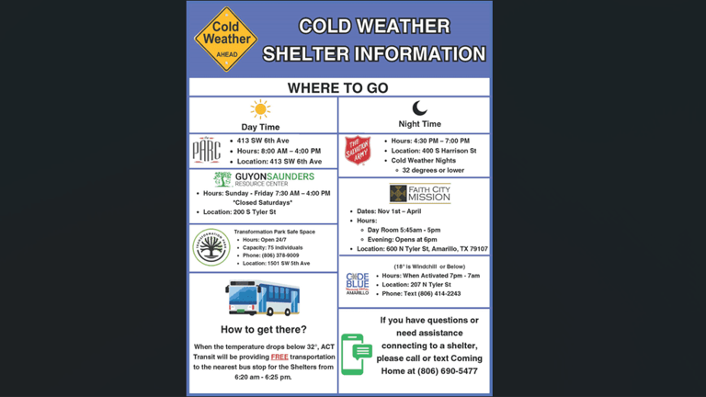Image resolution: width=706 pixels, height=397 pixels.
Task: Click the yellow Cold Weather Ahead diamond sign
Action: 226,39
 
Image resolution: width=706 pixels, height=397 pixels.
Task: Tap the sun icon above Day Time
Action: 260,109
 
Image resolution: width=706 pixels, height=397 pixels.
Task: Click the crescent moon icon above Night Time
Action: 419,108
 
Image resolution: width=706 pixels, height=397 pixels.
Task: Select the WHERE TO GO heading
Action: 338,88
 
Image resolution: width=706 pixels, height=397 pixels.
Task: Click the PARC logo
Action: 207,150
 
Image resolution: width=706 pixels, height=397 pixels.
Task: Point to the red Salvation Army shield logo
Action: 357,150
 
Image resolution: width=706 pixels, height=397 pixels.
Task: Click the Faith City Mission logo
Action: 419,193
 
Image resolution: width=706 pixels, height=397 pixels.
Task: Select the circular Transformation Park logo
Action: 211,247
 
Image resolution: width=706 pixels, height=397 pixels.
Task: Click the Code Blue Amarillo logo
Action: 358,284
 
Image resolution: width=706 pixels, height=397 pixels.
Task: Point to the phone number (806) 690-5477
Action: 446,371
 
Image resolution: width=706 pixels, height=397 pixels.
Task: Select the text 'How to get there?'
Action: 264,329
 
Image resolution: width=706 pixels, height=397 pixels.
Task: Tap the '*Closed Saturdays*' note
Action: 264,202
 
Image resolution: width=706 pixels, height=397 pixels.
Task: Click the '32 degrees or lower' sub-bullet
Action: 433,170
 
